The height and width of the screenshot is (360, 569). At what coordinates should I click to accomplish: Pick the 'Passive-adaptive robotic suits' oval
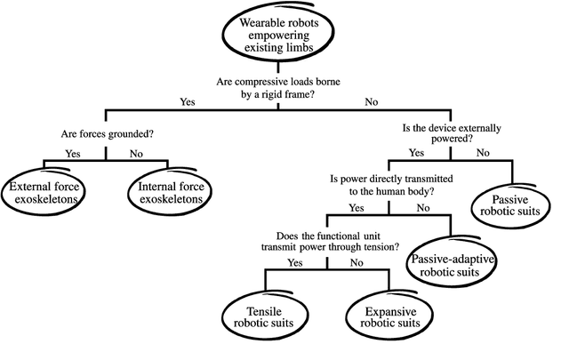click(453, 264)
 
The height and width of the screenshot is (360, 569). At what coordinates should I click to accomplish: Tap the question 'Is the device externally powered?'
click(450, 132)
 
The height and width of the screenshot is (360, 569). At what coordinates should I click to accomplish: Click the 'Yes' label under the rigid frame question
click(188, 102)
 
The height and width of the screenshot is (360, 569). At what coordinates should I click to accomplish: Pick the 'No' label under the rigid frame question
click(371, 102)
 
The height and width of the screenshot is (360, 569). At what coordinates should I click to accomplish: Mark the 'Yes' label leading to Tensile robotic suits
click(296, 262)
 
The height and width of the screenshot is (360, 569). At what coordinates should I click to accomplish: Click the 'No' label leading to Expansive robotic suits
click(357, 262)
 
